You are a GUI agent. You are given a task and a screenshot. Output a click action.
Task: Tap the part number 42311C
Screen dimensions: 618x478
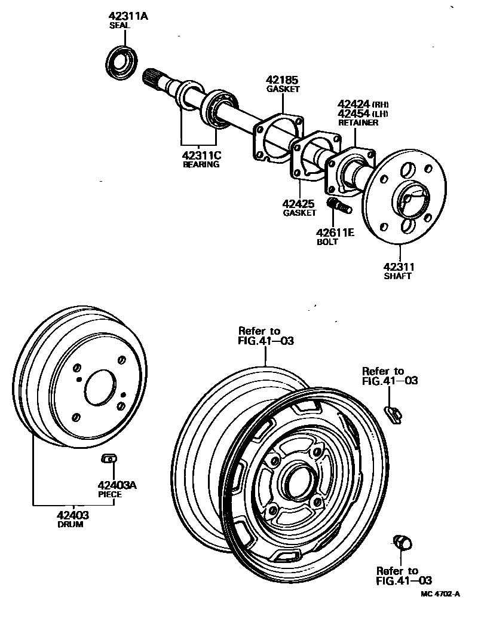(202, 155)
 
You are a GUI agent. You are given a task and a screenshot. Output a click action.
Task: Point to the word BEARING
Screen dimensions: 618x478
(201, 164)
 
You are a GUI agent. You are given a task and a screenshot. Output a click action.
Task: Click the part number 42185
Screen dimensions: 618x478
(283, 80)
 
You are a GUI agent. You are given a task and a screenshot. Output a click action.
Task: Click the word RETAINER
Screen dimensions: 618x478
(358, 123)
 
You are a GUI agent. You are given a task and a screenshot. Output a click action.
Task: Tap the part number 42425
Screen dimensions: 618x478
(299, 204)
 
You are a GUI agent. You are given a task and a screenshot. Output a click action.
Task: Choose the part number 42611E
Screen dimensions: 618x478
(335, 232)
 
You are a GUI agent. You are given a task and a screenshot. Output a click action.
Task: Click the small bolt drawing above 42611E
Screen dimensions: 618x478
(339, 207)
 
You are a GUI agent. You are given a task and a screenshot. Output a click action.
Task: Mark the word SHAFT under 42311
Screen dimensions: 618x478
(398, 277)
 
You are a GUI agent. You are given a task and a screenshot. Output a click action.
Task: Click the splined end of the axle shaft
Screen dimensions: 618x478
(157, 80)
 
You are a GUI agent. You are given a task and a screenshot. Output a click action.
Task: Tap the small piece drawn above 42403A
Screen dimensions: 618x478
(109, 458)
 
